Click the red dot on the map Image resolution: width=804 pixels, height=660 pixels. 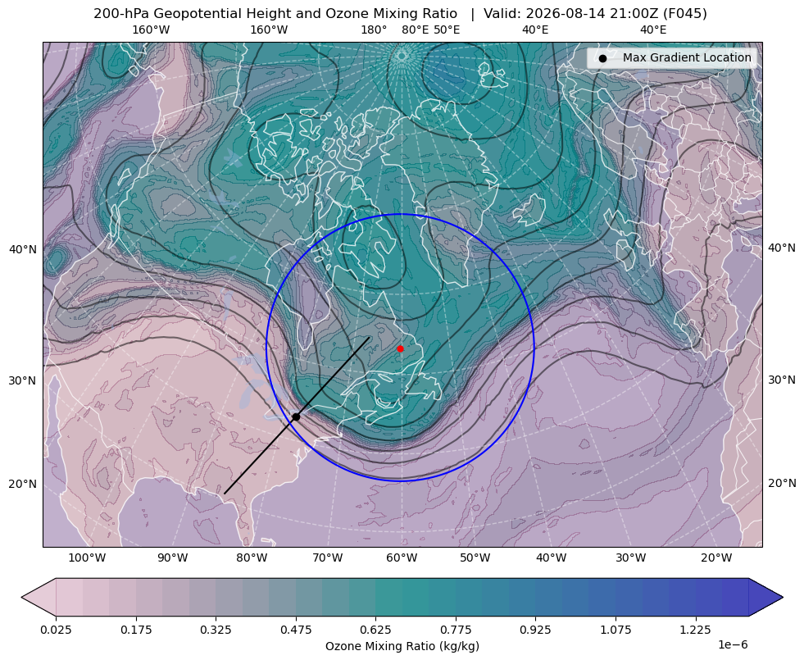400,348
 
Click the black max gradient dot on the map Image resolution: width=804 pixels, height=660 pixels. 296,417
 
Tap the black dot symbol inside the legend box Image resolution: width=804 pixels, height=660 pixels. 602,58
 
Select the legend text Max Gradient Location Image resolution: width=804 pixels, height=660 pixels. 687,57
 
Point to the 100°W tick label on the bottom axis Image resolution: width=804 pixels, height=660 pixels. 87,558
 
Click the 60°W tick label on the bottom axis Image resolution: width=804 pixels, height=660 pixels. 401,558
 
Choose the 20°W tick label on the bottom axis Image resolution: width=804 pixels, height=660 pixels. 716,558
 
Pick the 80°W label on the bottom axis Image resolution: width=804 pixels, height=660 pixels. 252,558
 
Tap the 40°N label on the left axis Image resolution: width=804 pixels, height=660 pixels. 23,250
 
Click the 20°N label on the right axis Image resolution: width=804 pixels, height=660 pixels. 782,483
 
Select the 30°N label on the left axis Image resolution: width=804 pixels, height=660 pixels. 23,380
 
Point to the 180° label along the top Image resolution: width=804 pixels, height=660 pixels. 374,30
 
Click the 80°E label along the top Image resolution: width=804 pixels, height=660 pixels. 415,30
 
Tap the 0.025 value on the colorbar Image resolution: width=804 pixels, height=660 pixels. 56,629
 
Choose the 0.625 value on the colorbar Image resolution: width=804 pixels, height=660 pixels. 375,629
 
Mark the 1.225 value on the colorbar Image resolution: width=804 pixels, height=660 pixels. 695,629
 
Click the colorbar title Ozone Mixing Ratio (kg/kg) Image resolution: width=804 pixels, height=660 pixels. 402,645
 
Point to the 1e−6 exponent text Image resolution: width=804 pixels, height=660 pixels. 733,644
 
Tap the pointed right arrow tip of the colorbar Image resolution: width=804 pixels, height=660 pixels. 783,597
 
